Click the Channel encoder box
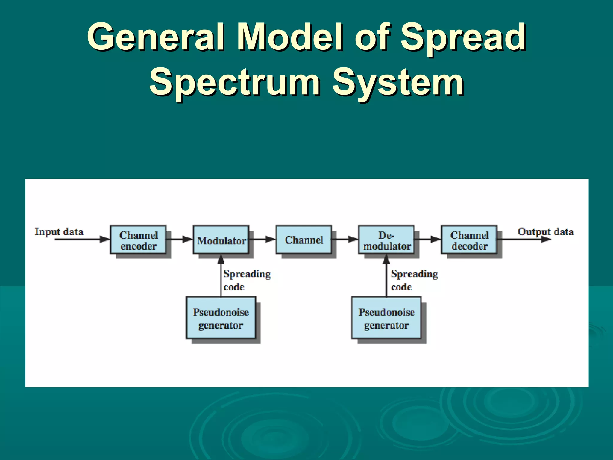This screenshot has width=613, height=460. pos(138,240)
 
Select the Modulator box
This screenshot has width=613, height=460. pos(221,240)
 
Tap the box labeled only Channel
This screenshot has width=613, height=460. pos(304,240)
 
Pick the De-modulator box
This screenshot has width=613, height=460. pos(386,240)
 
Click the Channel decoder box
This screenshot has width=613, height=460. pos(469,240)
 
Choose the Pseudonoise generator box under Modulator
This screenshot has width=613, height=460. pos(221,318)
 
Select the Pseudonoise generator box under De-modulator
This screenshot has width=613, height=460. pos(386,318)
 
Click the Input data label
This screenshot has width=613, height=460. pos(59,232)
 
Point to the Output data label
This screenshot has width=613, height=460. pos(545,232)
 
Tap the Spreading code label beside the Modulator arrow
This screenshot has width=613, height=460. pos(247,280)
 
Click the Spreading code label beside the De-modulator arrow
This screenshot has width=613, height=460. pos(414,280)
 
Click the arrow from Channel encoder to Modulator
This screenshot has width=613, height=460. pos(180,239)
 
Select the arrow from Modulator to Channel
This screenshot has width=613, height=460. pos(263,239)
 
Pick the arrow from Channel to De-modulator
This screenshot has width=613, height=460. pos(345,239)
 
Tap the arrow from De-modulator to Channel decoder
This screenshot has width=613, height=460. pos(428,239)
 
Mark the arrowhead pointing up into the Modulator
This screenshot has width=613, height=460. pos(221,259)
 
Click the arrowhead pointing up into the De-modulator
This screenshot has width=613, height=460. pos(386,259)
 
